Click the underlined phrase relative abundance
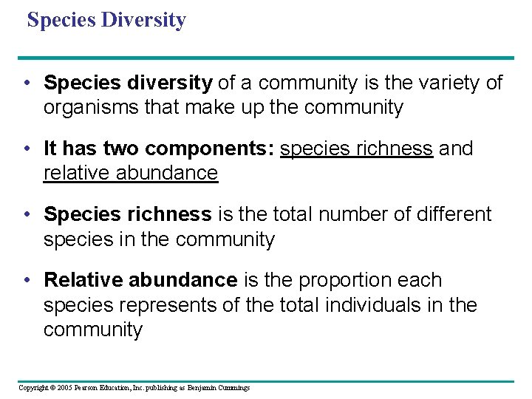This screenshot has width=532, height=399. (131, 174)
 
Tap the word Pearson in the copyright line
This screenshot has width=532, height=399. (89, 388)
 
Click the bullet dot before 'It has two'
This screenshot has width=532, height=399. (26, 149)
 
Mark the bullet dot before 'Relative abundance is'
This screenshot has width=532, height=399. (26, 281)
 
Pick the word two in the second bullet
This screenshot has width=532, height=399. (122, 149)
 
